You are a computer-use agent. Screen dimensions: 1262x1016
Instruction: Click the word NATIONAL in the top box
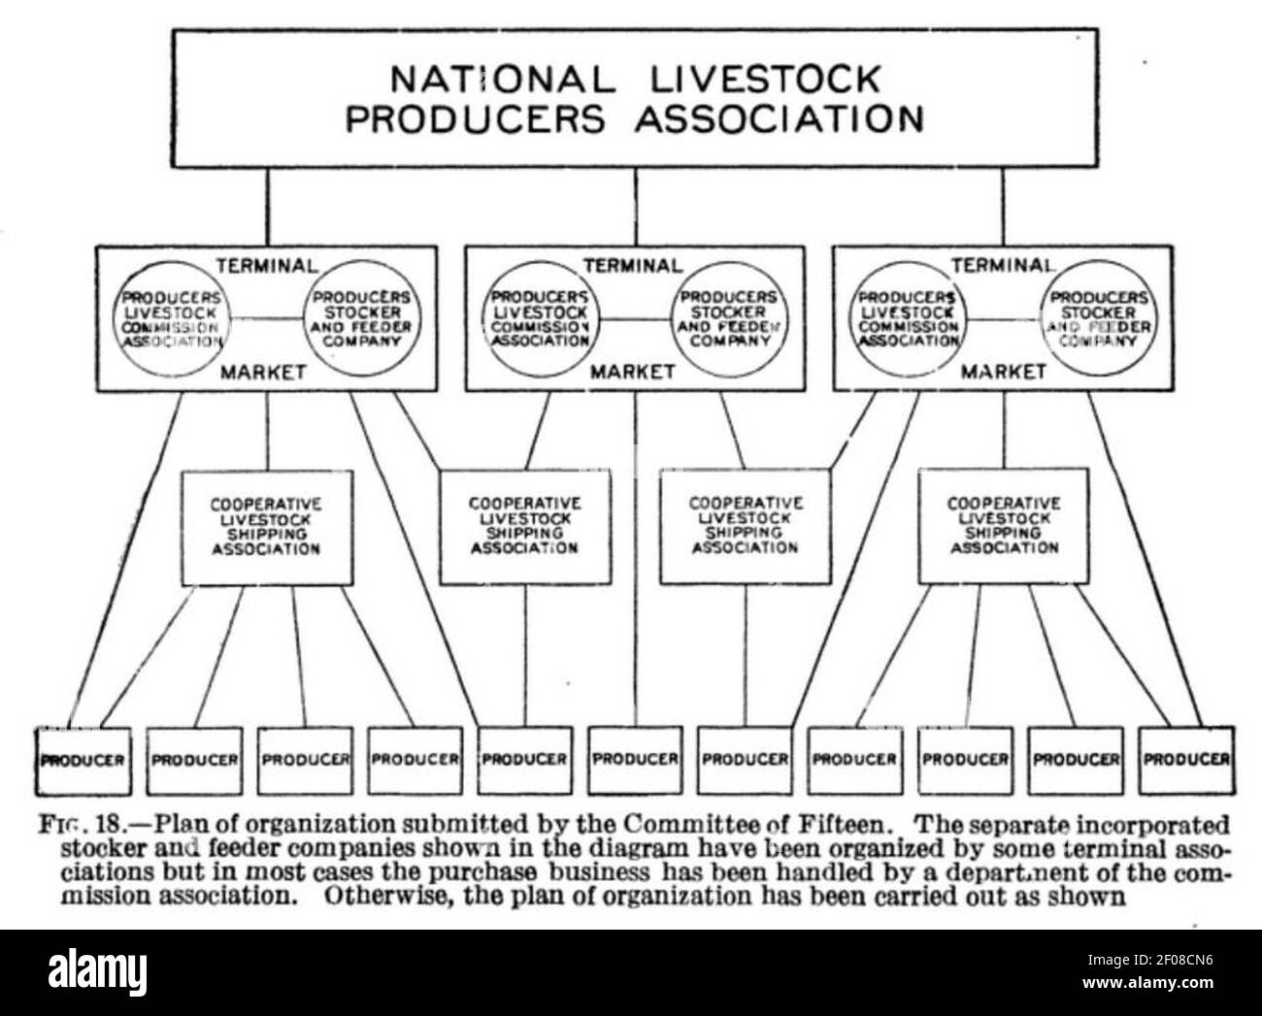(503, 80)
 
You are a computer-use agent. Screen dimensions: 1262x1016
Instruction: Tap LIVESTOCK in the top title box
(765, 80)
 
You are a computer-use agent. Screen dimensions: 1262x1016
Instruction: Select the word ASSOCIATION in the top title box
(780, 118)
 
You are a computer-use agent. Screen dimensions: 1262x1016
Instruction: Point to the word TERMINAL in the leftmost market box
(267, 266)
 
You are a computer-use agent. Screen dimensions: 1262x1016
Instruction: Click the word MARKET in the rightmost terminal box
(1004, 372)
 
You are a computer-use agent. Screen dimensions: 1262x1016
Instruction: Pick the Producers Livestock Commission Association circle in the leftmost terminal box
(172, 319)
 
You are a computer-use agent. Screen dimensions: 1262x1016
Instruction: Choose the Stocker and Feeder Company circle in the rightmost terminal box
(1098, 318)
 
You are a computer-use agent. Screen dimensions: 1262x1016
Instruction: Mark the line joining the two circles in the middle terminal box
(635, 319)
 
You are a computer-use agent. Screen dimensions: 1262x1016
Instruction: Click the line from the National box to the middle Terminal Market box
(636, 207)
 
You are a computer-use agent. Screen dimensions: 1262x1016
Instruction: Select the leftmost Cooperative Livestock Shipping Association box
(267, 528)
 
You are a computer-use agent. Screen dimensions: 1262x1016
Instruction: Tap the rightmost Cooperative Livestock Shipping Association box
(1004, 526)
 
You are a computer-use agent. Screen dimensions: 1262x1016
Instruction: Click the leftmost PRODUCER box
(83, 761)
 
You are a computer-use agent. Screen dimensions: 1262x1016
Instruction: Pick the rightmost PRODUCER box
(1186, 761)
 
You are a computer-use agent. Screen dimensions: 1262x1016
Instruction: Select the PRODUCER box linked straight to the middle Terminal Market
(635, 761)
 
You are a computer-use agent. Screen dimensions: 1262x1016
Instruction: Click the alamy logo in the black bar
(97, 970)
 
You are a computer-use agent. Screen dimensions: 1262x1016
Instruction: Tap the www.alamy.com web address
(1147, 983)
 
